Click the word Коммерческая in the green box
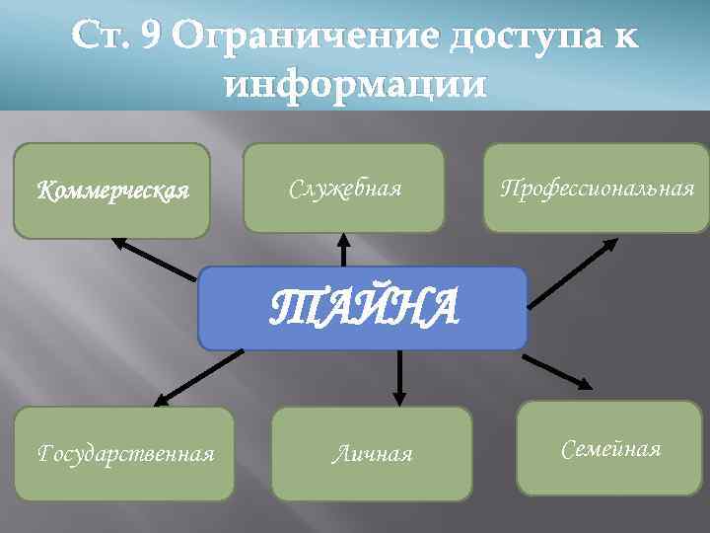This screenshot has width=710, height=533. tap(111, 190)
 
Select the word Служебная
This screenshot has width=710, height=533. tap(344, 188)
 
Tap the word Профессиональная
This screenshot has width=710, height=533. tap(597, 188)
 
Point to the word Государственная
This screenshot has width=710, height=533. tap(125, 454)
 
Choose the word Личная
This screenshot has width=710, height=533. tap(372, 454)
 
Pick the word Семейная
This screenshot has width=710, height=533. tap(610, 450)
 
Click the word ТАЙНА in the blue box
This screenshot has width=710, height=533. tap(365, 308)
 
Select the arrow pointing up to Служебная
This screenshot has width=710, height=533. tap(343, 249)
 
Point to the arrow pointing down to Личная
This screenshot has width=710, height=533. tap(399, 375)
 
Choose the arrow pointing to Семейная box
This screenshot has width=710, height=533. tap(557, 370)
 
